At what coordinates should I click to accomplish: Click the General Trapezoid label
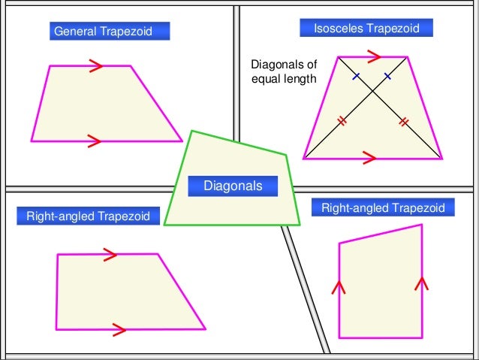coord(109,32)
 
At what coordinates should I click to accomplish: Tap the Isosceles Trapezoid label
coord(366,29)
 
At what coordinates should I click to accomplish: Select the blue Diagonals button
coord(233,185)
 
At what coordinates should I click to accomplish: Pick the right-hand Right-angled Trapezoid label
coord(383,207)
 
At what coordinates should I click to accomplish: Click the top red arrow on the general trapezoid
coord(95,67)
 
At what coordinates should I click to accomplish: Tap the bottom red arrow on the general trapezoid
coord(95,139)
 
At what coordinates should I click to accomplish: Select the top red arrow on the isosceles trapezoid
coord(374,56)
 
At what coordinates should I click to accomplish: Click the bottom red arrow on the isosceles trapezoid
coord(369,157)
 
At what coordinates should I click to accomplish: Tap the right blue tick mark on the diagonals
coord(388,76)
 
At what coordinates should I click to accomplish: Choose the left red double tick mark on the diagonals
coord(342,121)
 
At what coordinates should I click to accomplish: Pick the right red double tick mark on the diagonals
coord(404,121)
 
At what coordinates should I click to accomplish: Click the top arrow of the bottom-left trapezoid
coord(110,254)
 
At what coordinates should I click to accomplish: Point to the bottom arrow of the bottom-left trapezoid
coord(119,328)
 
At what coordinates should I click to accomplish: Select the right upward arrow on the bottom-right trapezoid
coord(420,283)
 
